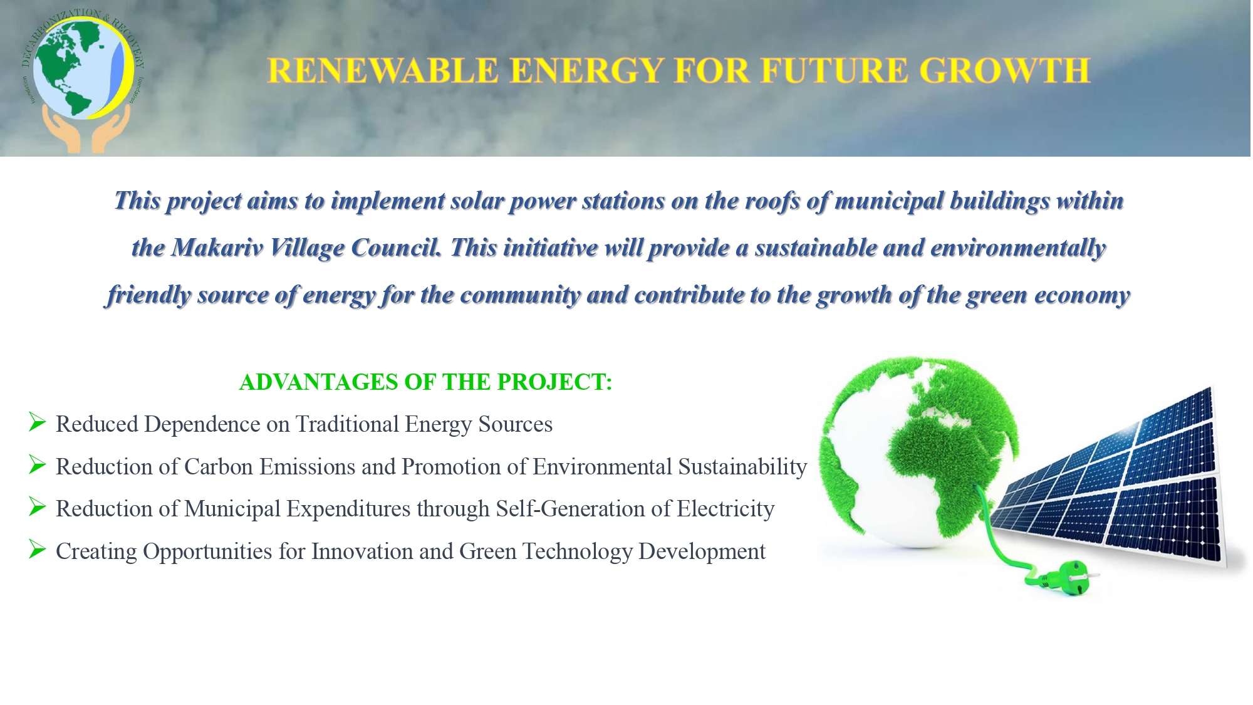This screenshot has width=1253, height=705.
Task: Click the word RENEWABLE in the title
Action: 383,70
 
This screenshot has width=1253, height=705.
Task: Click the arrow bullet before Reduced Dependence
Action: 38,422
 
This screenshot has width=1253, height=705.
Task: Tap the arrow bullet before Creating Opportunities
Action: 38,550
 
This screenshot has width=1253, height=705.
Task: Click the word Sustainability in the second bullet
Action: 742,467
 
